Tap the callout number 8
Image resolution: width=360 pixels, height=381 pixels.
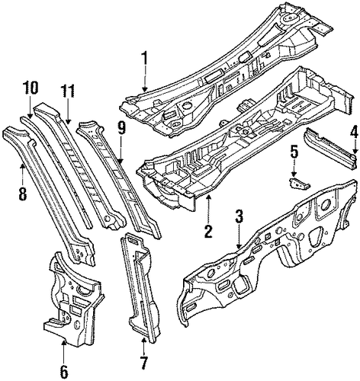coord(22,192)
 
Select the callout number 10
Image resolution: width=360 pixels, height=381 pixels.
coord(31,88)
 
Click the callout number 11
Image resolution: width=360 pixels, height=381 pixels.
coord(67,91)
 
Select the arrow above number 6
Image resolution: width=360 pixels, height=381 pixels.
coord(64,351)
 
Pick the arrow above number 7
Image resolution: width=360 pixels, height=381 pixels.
coord(143,345)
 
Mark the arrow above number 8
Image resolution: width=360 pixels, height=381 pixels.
coord(22,174)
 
